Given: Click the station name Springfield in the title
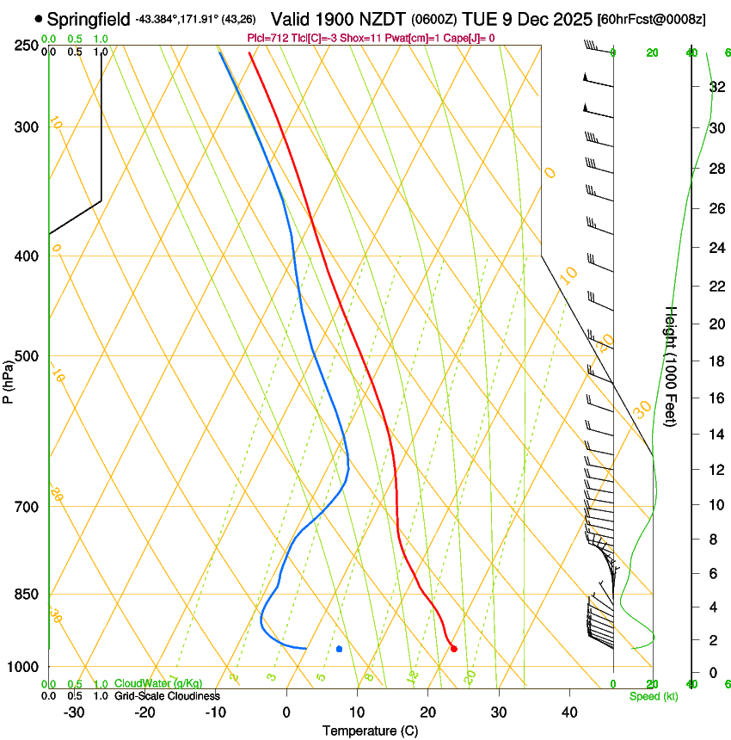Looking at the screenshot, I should tap(89, 18).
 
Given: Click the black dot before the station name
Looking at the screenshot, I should tap(39, 18).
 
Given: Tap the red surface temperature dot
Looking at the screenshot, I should tap(453, 648).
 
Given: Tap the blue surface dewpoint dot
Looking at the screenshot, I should tap(340, 648).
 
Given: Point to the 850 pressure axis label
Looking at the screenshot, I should tap(28, 595).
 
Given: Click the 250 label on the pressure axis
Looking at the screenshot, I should tap(28, 46).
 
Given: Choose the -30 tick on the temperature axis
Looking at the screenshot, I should tap(74, 712).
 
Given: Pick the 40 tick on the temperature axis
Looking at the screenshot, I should tap(568, 712).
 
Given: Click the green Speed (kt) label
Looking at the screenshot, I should tap(653, 696).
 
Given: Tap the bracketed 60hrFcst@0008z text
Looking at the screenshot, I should tap(651, 19).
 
